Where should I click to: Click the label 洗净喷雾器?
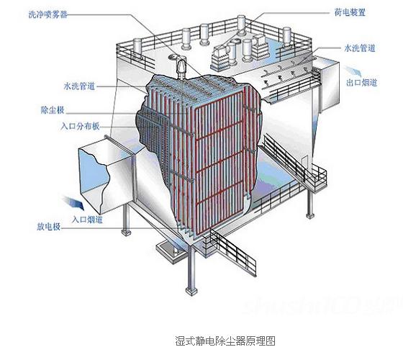click(x=48, y=14)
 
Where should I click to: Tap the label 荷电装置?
click(x=350, y=12)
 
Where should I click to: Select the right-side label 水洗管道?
click(x=360, y=48)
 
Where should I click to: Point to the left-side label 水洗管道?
click(x=79, y=86)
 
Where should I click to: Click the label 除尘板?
click(x=53, y=110)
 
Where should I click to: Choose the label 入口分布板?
click(x=80, y=126)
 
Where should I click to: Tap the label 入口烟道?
click(x=87, y=220)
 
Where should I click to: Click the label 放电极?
click(x=49, y=227)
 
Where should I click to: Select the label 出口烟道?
click(x=361, y=83)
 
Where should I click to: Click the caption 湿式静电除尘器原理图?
click(x=225, y=341)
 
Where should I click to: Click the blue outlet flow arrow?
click(x=353, y=71)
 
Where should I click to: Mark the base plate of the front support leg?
click(x=191, y=291)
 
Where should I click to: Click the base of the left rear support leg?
click(x=126, y=233)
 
